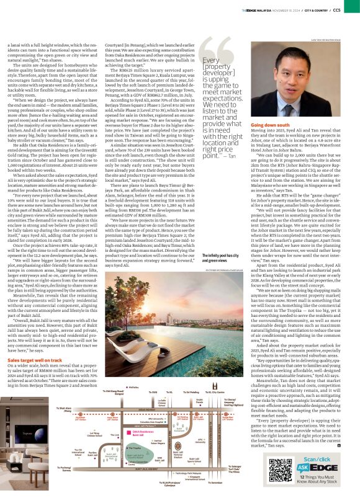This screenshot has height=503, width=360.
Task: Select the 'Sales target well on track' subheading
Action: [x=37, y=359]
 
